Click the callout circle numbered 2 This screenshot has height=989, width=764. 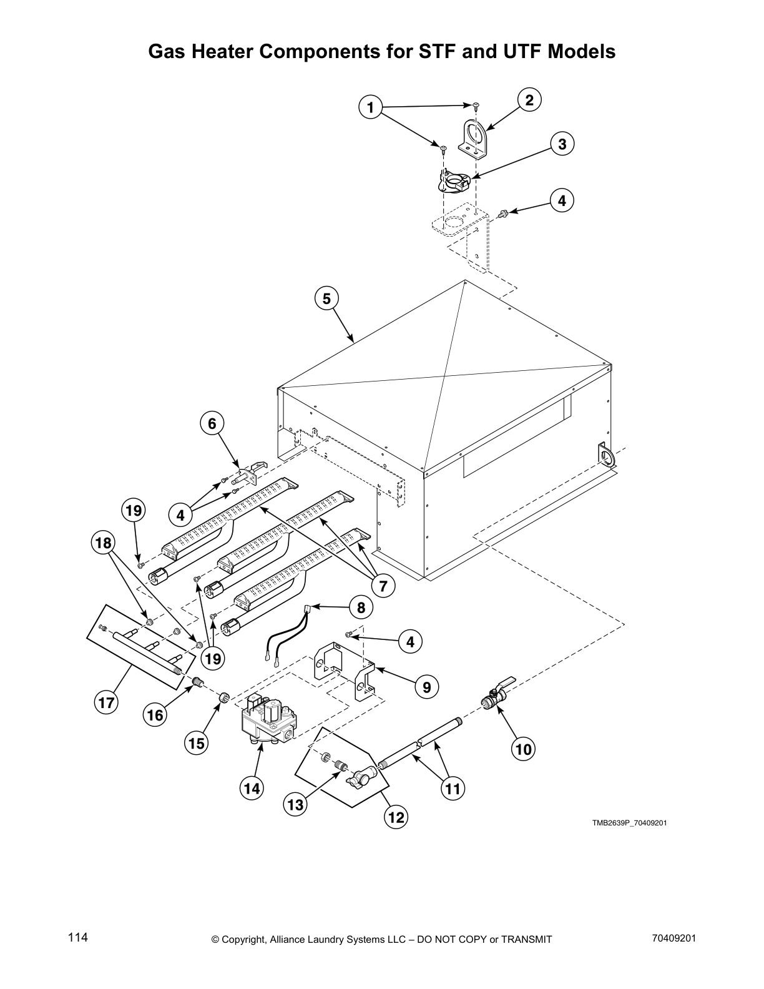pos(529,100)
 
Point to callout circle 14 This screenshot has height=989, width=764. pos(252,789)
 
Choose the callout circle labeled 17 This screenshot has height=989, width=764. pos(105,703)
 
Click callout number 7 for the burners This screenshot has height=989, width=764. pos(382,586)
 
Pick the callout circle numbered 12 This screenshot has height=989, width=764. pos(396,817)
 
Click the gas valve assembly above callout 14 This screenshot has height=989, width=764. pos(265,719)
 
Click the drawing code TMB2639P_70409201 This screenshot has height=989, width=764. pos(629,822)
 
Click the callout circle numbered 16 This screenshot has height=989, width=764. pos(155,714)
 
